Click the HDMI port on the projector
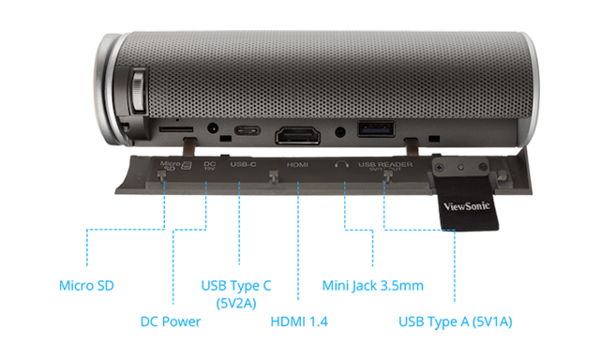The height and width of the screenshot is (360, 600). [297, 133]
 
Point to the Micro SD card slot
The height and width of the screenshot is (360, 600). [172, 127]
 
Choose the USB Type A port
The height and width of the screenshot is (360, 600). [375, 129]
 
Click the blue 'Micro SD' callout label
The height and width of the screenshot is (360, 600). [87, 283]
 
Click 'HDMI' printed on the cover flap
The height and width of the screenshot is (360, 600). [297, 164]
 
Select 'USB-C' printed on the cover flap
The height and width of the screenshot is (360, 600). [243, 164]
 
